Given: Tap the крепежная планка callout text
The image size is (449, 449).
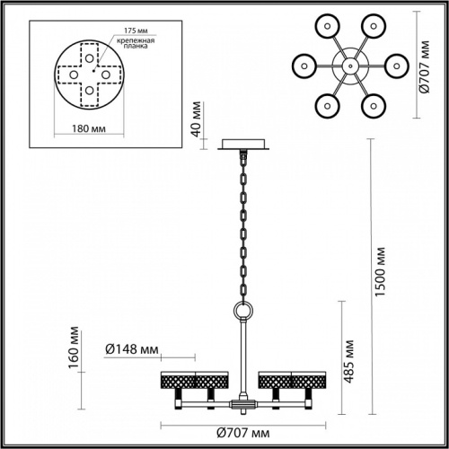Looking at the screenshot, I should pos(134,47).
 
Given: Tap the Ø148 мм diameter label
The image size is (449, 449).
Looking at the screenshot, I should pos(132,349).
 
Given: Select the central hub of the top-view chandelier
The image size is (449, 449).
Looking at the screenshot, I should pos(348,66).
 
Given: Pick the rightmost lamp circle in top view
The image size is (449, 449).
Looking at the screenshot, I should pos(396,66).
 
